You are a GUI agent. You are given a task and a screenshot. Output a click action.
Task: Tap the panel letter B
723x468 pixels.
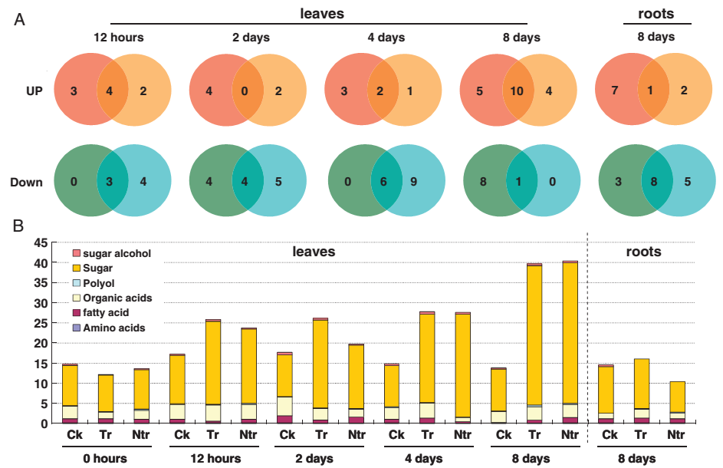(19, 226)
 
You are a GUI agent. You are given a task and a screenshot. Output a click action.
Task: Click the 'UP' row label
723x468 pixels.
(32, 90)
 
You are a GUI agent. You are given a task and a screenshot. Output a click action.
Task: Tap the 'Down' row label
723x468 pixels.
(27, 183)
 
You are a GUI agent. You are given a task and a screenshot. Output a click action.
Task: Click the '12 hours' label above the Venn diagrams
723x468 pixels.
(118, 38)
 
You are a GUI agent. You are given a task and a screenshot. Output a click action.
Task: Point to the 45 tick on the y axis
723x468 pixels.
(39, 243)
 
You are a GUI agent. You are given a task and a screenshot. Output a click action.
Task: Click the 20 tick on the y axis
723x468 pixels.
(39, 344)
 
